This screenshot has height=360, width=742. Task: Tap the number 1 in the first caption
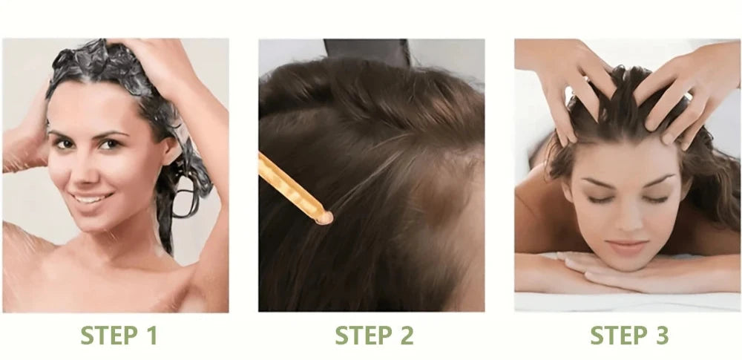coord(151,336)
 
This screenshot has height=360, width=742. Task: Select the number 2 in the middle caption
coord(407,336)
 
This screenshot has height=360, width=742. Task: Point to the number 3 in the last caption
coord(662,336)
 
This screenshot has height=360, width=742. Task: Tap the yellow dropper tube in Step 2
coord(293,188)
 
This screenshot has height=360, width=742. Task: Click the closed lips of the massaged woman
coord(628,248)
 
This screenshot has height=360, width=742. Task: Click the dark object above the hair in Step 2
coord(367,52)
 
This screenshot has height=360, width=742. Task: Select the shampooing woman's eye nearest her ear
coord(113,143)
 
